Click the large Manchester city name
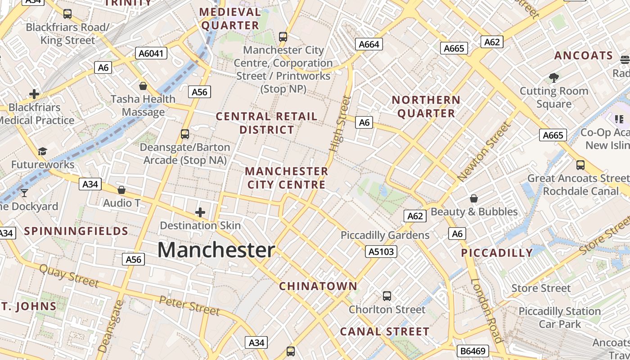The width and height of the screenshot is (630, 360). pos(216,250)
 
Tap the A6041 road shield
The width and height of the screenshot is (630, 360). pos(152,54)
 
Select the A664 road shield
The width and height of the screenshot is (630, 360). pos(369,44)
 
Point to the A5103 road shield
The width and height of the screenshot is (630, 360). pos(382,252)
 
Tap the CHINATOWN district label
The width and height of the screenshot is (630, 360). pos(318,286)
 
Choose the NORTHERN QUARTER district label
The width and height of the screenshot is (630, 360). pos(426,107)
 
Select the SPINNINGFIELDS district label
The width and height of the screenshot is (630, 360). pos(76,231)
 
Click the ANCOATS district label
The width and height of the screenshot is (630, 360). pos(584,56)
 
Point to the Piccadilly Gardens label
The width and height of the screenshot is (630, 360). pos(385,235)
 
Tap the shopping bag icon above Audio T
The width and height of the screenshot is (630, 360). pos(121,190)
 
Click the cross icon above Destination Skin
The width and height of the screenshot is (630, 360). pos(200,212)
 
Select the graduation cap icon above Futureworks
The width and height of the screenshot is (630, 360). pos(42,151)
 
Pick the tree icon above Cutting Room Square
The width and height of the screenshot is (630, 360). pos(554,78)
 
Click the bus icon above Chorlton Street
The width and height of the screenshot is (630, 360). pos(387,296)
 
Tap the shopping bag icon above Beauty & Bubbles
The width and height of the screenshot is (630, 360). pos(474,198)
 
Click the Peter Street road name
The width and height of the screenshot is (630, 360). pos(189,306)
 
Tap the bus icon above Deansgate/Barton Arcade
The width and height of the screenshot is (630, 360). pos(184,134)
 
